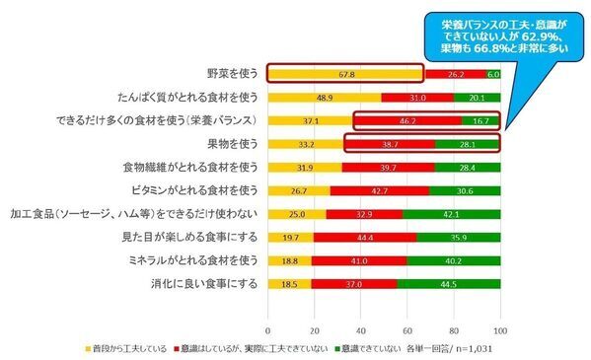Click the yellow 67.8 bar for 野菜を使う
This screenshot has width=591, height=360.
(346, 73)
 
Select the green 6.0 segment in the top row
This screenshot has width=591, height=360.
(493, 73)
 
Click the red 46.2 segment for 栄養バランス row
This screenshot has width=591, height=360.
(407, 120)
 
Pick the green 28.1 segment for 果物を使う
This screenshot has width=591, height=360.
(468, 144)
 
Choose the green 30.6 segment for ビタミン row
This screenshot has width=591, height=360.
(465, 191)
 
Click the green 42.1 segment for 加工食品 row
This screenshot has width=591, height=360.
(452, 215)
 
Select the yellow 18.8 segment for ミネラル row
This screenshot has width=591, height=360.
(290, 262)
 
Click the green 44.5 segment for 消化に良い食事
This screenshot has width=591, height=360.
(449, 286)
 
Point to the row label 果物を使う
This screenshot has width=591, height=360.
(233, 144)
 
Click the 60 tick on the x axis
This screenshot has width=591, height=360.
(407, 328)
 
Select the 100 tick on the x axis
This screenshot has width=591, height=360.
(500, 328)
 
